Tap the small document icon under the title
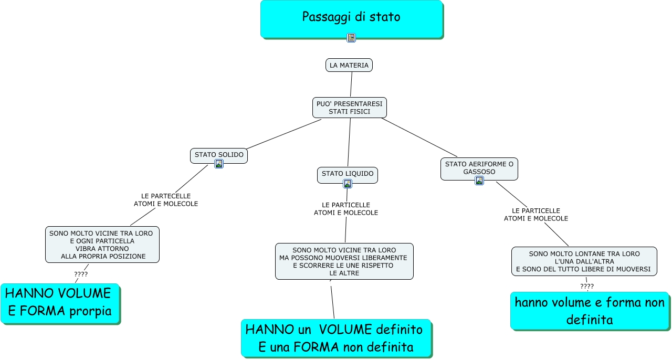[x=351, y=37]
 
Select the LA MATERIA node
[x=349, y=65]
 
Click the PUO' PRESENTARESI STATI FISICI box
[x=350, y=108]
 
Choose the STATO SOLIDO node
[x=219, y=155]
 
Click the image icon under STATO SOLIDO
[x=219, y=164]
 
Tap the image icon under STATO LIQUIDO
[x=348, y=183]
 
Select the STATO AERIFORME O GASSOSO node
[x=479, y=168]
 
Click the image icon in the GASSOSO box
[x=479, y=181]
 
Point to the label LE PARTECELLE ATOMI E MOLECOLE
[x=166, y=200]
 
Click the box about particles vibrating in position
[x=102, y=245]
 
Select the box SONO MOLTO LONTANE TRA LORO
[x=584, y=261]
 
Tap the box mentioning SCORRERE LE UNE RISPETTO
[x=344, y=261]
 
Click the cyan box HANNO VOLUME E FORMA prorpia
[x=60, y=303]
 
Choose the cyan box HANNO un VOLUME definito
[x=336, y=338]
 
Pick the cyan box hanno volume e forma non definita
[x=590, y=311]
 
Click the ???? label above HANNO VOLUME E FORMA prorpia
[x=81, y=274]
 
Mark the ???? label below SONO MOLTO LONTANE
[x=587, y=286]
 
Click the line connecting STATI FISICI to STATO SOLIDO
[x=283, y=134]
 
